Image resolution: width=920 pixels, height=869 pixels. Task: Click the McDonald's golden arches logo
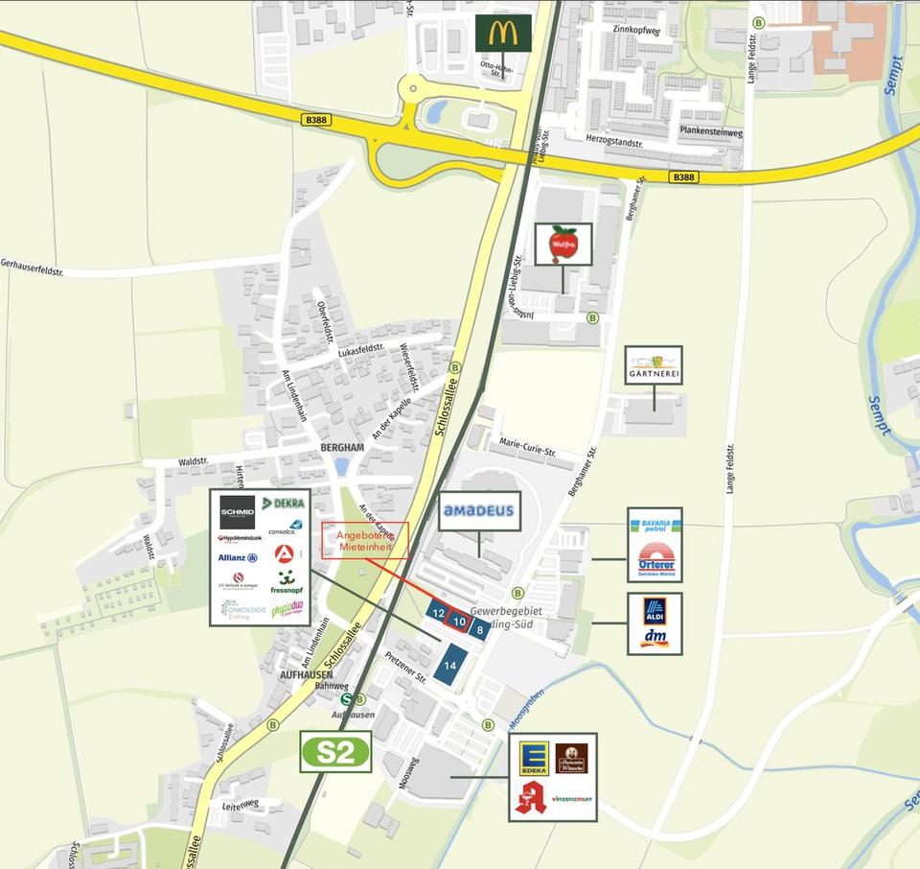tap(503, 34)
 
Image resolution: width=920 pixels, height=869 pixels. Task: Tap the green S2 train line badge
tap(335, 752)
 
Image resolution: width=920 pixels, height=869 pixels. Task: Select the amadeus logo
tap(478, 511)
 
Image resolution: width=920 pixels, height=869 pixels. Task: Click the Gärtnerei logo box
tap(654, 365)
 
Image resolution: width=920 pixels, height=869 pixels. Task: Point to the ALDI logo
tap(655, 610)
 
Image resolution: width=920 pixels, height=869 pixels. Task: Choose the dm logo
tap(655, 638)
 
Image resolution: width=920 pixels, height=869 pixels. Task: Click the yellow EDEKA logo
tap(533, 758)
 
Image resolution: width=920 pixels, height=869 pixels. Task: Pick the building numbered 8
tap(479, 629)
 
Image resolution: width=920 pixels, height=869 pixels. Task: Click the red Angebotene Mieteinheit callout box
tap(365, 540)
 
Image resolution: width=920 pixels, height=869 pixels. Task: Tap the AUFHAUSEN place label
tap(306, 674)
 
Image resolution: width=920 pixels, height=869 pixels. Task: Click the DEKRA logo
tap(283, 504)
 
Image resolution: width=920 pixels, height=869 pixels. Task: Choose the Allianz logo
tap(237, 557)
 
